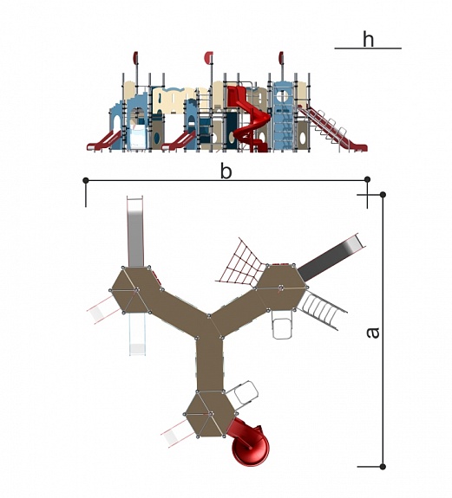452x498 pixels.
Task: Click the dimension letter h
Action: pyautogui.click(x=368, y=40)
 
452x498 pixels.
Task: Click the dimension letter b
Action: pyautogui.click(x=226, y=171)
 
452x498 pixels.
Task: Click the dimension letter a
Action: pyautogui.click(x=373, y=333)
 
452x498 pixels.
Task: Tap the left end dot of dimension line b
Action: pyautogui.click(x=86, y=180)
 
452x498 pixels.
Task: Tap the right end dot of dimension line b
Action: pyautogui.click(x=367, y=179)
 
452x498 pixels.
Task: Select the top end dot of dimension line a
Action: pyautogui.click(x=383, y=194)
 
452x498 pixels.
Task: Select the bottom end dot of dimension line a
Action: pyautogui.click(x=383, y=467)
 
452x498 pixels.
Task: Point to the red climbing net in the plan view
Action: pyautogui.click(x=243, y=264)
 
